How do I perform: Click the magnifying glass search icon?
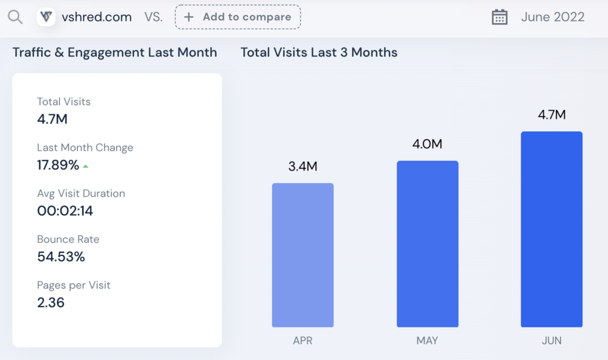click(x=15, y=17)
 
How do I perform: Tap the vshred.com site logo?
click(x=46, y=17)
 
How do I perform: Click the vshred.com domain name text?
click(x=97, y=17)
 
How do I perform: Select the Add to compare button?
click(x=237, y=17)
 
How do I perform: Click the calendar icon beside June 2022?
click(x=499, y=17)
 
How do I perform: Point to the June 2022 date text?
click(x=553, y=17)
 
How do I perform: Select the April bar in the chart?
click(x=303, y=255)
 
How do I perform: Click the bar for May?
click(x=427, y=244)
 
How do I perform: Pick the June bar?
click(x=552, y=229)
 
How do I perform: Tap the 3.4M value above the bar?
click(x=303, y=166)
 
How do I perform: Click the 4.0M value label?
click(x=427, y=144)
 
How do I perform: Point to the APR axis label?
click(x=303, y=340)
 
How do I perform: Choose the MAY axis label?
click(x=427, y=340)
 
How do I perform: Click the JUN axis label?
click(x=552, y=340)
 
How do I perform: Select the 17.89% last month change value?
click(x=58, y=165)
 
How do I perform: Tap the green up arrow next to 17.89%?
click(x=85, y=166)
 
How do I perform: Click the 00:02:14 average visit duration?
click(x=65, y=211)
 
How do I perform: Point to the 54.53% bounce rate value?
click(x=61, y=257)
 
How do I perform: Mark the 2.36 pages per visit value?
click(x=51, y=302)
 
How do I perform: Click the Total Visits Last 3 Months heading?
click(x=319, y=52)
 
